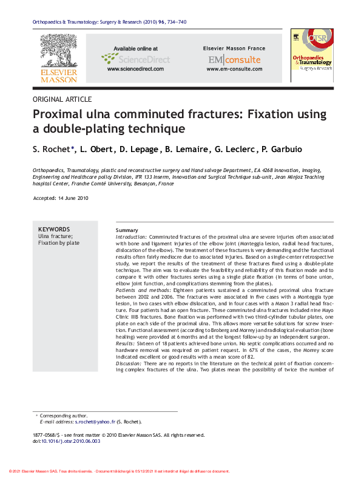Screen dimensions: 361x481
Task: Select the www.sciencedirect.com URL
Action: (135, 69)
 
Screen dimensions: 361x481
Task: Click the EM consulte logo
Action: (234, 59)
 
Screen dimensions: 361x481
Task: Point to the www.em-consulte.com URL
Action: (234, 69)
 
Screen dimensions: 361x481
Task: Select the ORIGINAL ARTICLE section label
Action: (62, 99)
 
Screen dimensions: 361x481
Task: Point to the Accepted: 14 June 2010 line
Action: (61, 199)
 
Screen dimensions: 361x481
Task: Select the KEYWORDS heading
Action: (54, 229)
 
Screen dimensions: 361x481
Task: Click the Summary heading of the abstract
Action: (127, 231)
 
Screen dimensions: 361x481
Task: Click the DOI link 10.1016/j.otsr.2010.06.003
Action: (70, 442)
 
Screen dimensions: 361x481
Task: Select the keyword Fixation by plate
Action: (59, 243)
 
